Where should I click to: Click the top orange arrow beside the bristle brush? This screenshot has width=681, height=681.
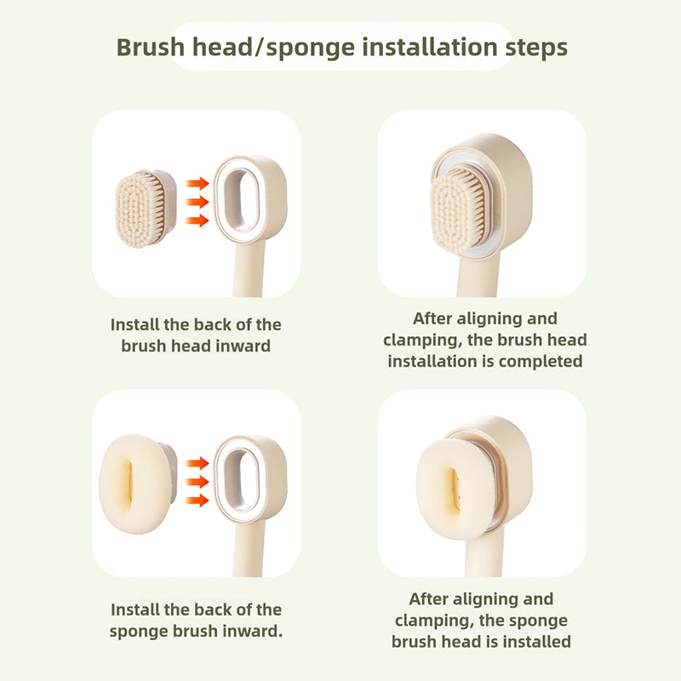tap(197, 183)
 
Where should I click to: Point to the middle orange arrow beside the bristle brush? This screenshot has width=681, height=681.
tap(197, 202)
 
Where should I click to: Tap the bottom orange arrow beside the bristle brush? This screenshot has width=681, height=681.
tap(197, 220)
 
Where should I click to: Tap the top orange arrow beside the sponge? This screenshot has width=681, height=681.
tap(197, 463)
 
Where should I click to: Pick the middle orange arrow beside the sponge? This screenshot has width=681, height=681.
tap(197, 482)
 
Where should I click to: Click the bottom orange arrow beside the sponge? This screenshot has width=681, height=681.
tap(197, 501)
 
